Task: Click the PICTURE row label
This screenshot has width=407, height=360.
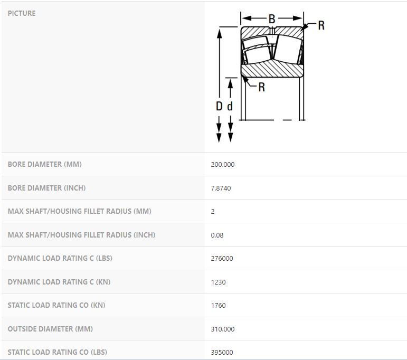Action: (22, 13)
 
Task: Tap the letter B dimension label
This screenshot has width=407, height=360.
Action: (272, 19)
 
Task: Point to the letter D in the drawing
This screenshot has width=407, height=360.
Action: (219, 106)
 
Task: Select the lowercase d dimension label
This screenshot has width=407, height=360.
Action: (230, 106)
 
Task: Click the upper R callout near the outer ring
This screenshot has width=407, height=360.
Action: (321, 25)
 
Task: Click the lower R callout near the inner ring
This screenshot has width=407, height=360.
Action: (262, 87)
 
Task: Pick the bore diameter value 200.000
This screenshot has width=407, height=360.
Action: (223, 164)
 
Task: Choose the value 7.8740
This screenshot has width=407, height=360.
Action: (221, 188)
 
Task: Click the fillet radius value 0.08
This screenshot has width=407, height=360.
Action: (217, 235)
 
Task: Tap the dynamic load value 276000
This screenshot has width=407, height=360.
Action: (222, 258)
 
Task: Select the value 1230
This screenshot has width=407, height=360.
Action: (219, 282)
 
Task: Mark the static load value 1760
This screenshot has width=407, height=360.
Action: (219, 305)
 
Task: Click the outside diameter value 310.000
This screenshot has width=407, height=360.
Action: (223, 329)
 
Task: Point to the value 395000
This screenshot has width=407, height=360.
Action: (222, 352)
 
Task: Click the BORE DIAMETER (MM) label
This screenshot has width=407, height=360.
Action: (45, 164)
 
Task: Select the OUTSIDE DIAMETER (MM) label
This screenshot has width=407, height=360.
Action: (50, 329)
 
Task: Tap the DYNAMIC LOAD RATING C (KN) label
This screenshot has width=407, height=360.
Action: (59, 282)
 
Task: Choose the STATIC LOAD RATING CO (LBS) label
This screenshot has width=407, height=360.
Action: (58, 352)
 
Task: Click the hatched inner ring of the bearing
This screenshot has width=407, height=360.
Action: (272, 69)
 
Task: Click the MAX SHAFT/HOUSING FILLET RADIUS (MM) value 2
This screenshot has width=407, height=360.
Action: (213, 212)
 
